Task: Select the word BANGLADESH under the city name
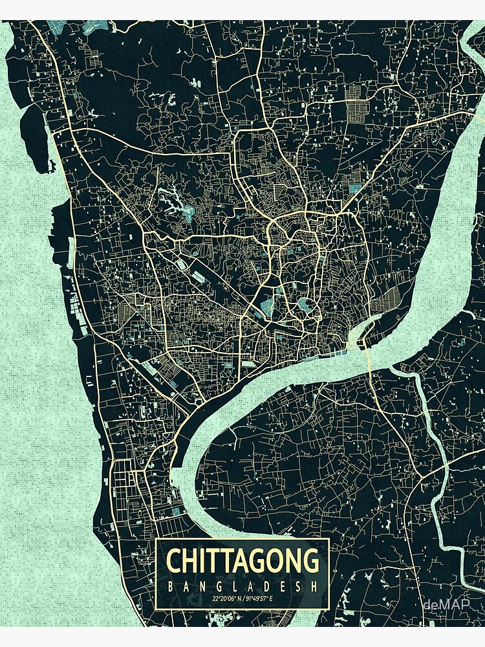[242, 586]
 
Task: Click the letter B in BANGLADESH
[170, 586]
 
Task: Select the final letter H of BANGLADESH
[316, 586]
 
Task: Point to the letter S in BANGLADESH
[299, 586]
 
